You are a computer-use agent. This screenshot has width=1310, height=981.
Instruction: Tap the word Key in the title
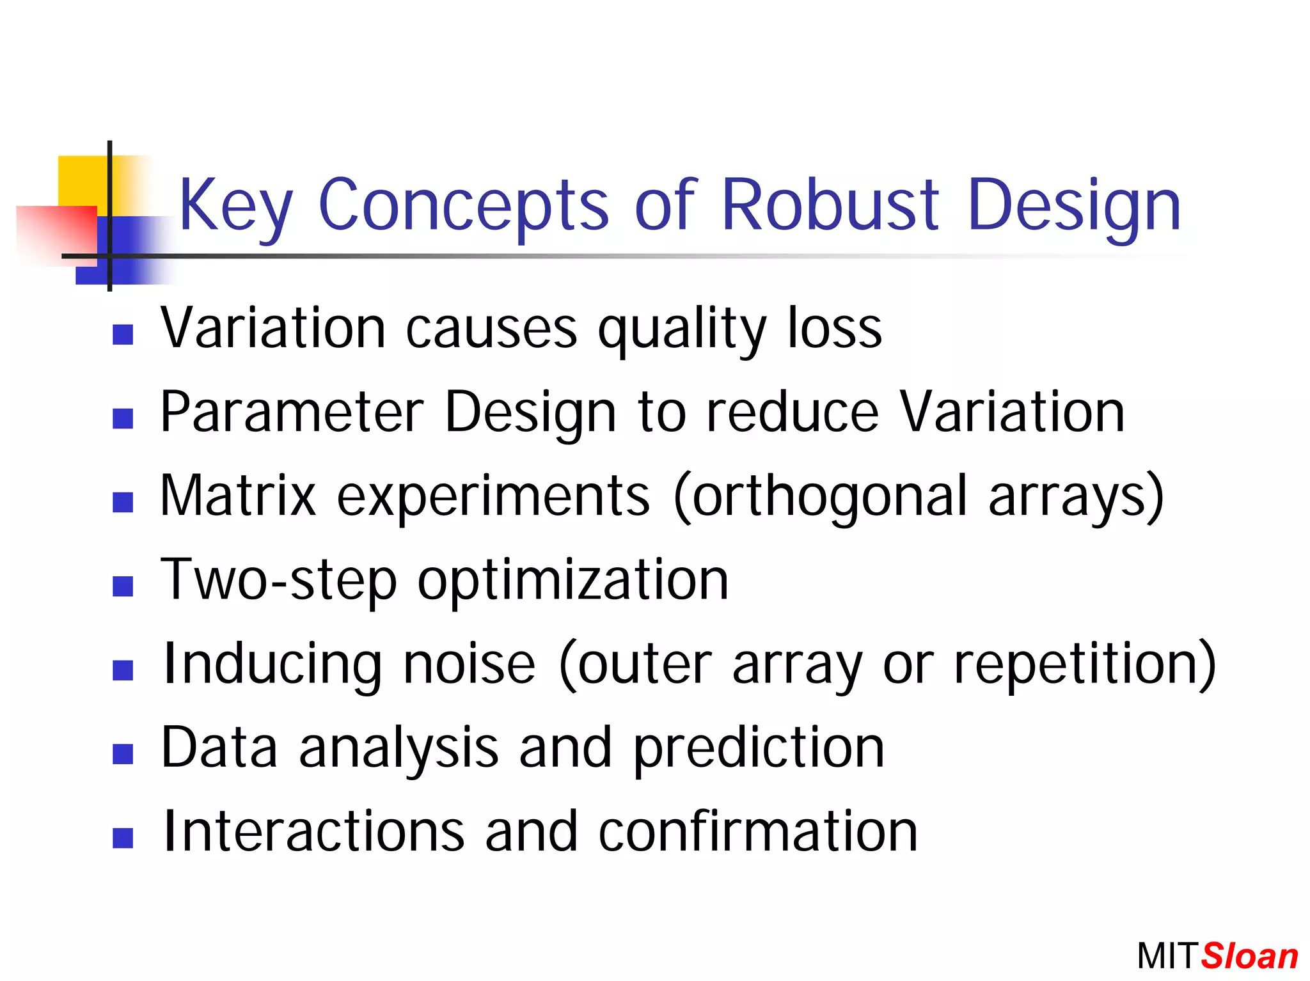235,206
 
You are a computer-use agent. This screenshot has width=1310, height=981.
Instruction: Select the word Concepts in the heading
463,206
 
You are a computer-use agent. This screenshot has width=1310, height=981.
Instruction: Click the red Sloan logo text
1249,957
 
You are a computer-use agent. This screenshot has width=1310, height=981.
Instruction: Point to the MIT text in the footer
1166,957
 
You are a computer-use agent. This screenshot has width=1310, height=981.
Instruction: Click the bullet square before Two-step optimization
122,586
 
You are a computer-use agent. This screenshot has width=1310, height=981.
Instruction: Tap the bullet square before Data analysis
122,754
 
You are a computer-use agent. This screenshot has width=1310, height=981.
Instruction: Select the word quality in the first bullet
682,330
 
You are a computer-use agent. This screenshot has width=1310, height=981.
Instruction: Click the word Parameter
292,412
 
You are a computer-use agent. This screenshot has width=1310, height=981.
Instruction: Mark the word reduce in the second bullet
793,412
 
